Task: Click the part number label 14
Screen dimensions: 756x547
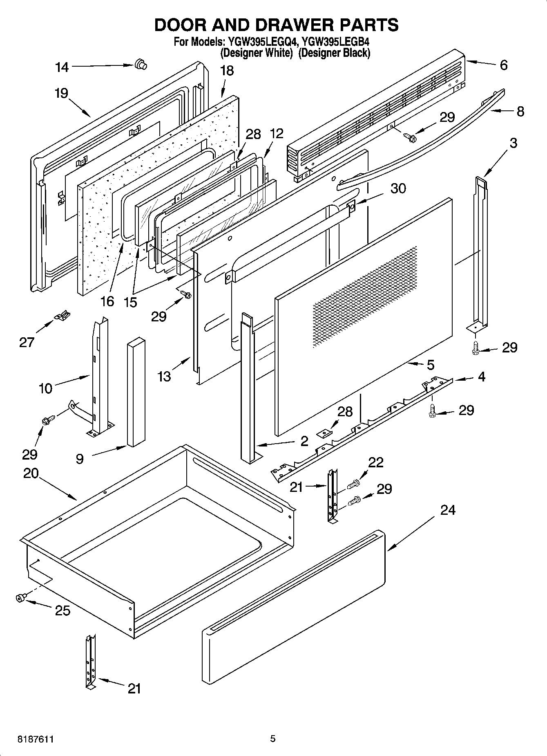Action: coord(62,67)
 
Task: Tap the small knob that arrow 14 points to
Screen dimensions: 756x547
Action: coord(141,64)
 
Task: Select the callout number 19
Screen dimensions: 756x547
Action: coord(61,93)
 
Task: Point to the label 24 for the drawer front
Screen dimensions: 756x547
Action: coord(448,510)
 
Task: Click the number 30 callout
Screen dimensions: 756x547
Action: coord(398,188)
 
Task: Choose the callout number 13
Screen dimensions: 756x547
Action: coord(164,376)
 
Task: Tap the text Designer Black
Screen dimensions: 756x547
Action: coord(334,53)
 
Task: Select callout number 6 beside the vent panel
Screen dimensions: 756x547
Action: coord(504,65)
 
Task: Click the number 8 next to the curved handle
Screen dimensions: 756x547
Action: coord(520,111)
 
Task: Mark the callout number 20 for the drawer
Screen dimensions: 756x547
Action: coord(31,473)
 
